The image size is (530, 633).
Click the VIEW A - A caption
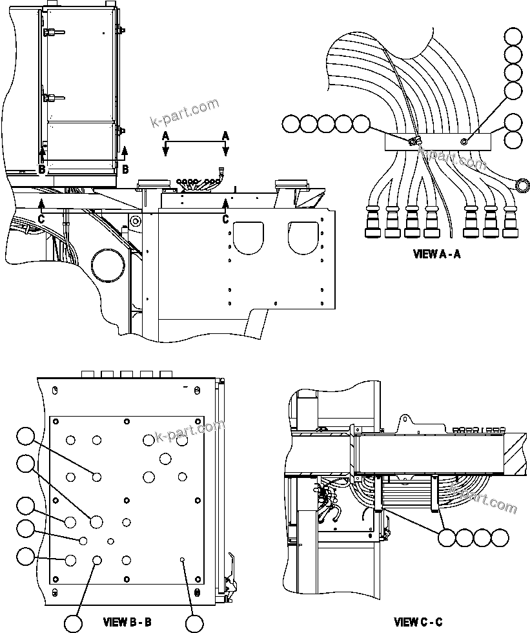click(436, 254)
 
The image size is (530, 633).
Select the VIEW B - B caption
click(127, 623)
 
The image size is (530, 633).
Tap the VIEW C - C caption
click(418, 623)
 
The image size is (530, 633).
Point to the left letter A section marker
click(165, 135)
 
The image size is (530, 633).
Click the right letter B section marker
click(125, 169)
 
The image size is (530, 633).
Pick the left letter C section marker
click(41, 220)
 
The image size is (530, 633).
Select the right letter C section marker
click(225, 220)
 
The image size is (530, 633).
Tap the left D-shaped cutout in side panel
click(250, 236)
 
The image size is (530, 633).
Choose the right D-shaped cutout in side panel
click(303, 236)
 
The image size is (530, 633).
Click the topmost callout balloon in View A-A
click(514, 37)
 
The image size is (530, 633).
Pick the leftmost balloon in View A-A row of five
click(290, 123)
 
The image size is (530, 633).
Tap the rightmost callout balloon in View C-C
click(500, 537)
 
